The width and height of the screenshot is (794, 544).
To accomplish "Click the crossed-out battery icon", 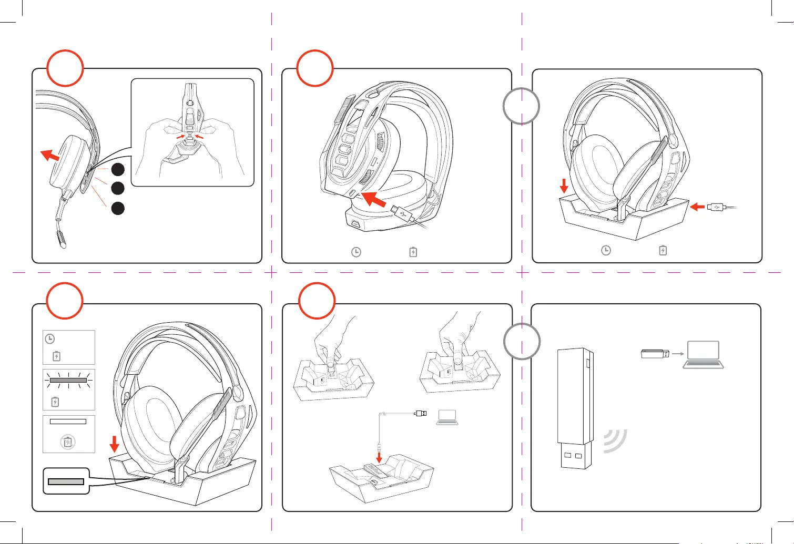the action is click(x=68, y=442).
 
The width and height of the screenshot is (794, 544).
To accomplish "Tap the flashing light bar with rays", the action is click(x=68, y=380).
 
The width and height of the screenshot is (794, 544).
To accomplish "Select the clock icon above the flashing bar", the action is click(x=50, y=339).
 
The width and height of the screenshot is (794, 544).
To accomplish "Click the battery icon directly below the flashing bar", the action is click(x=55, y=402).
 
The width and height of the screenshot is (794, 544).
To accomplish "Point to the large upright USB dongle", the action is click(x=575, y=407).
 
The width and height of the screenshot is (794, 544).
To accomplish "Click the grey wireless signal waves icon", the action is click(x=615, y=441).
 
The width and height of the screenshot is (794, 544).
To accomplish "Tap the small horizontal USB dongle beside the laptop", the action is click(x=655, y=354).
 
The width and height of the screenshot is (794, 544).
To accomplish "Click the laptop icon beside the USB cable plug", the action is click(x=447, y=417).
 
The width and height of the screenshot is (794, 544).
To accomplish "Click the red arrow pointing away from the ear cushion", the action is click(x=50, y=156).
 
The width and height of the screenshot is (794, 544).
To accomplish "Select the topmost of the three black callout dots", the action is click(x=118, y=169).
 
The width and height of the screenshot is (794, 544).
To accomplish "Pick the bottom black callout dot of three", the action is click(x=118, y=208).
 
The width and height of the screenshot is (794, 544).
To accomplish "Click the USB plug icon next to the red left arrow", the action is click(x=716, y=207).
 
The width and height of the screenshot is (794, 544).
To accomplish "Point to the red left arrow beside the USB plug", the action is click(x=697, y=207).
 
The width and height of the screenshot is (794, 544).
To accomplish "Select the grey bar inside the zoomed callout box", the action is click(x=66, y=481).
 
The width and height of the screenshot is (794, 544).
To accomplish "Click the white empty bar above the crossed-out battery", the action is click(x=68, y=422).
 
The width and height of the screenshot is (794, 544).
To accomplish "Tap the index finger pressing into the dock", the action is click(x=459, y=357).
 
